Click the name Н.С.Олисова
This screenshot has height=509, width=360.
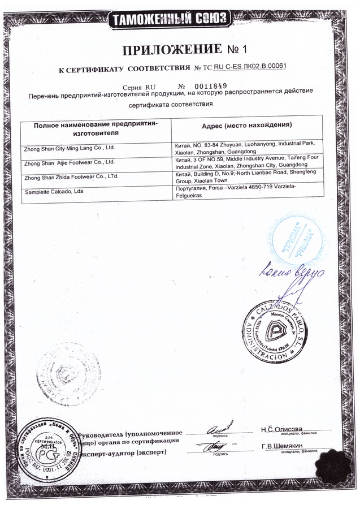click(282, 428)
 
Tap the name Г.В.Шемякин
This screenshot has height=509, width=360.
click(283, 446)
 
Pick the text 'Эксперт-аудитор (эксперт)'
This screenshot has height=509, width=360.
click(123, 454)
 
